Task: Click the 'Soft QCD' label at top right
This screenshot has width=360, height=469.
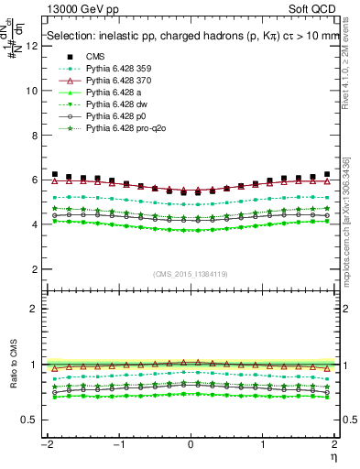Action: click(x=314, y=7)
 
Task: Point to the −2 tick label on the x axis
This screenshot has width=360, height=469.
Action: click(x=44, y=444)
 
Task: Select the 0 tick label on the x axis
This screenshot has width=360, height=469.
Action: click(x=191, y=444)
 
